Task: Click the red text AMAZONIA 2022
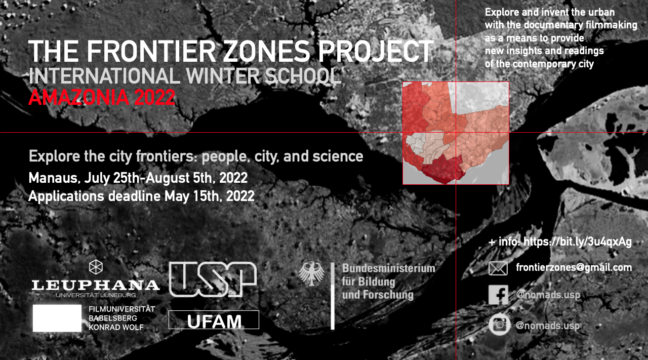102,97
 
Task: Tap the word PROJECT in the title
376,51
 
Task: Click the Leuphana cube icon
96,267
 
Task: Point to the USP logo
213,279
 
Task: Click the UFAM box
214,320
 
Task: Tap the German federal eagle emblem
311,274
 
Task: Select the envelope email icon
498,268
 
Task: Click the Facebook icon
498,295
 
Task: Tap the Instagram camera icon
499,325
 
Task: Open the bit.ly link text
578,242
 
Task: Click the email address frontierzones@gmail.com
574,267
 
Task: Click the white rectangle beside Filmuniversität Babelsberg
57,318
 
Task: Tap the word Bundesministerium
388,268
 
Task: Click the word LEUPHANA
96,286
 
